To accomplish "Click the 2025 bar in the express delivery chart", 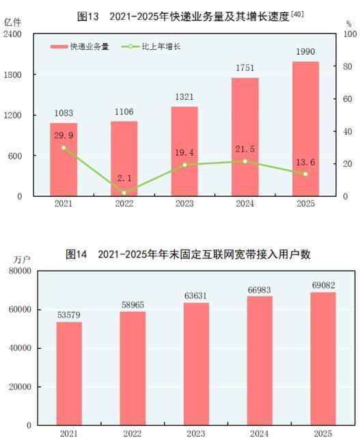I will [305, 129].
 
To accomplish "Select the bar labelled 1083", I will [64, 160].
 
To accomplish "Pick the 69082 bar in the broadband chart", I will [323, 358].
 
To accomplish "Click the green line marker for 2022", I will [124, 193].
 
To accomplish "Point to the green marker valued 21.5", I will [245, 161].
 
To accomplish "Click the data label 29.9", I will [64, 135].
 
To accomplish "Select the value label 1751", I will [245, 68].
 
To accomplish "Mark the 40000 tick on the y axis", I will [23, 348].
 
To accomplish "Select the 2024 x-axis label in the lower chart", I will [260, 433].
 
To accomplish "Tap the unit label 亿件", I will [13, 22].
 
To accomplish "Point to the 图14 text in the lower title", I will [77, 254].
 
